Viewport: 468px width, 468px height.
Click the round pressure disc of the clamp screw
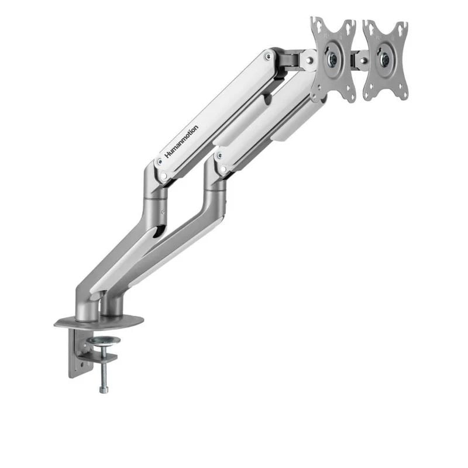(106, 340)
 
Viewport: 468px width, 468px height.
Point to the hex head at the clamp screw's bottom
(104, 387)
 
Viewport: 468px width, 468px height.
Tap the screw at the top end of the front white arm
(268, 57)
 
